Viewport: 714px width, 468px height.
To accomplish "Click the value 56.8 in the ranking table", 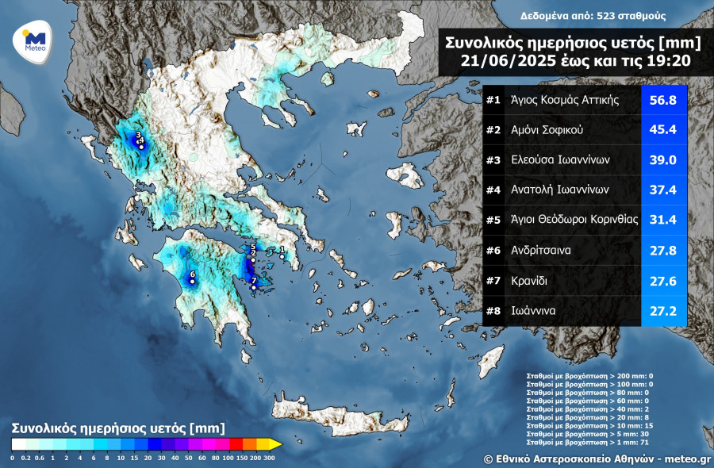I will [x=663, y=100].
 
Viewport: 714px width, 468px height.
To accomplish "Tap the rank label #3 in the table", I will [x=493, y=160].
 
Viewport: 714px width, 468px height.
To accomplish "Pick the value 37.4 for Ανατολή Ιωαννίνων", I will [x=663, y=190].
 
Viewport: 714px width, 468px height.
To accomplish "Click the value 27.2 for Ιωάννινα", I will [x=663, y=311].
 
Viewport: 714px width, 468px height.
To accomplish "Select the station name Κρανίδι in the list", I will [x=529, y=281].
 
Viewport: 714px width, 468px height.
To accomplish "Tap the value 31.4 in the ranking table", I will [x=663, y=221].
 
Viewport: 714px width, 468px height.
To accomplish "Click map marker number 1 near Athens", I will [x=282, y=256].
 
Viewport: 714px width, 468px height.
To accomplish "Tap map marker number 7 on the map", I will [x=253, y=287].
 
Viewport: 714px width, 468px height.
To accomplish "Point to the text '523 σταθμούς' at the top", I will [x=632, y=16].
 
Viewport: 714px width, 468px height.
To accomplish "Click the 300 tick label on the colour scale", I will [x=270, y=458].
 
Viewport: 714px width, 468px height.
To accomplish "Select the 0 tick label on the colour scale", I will [x=13, y=458].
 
